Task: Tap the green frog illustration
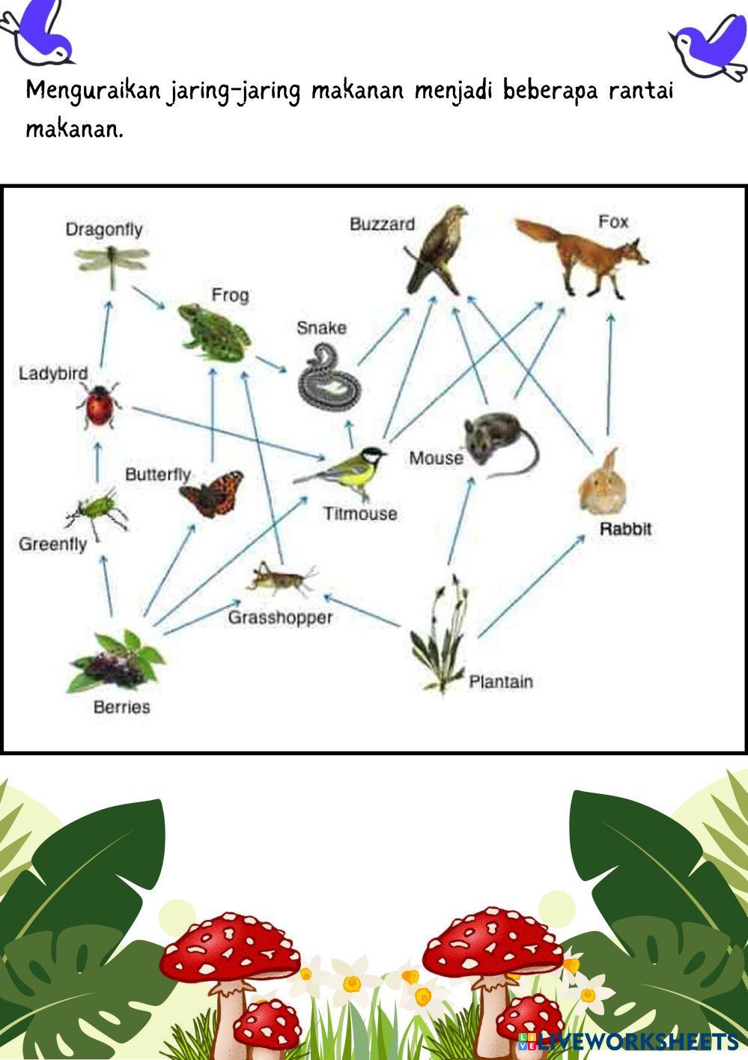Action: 213,330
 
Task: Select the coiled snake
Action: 329,377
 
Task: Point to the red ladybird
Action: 99,405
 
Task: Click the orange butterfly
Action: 212,492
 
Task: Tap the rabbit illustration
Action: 603,484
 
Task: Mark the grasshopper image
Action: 282,578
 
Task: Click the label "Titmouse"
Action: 360,514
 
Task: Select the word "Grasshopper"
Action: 280,617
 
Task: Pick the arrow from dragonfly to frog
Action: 150,297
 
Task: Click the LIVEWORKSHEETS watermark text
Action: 636,1041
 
